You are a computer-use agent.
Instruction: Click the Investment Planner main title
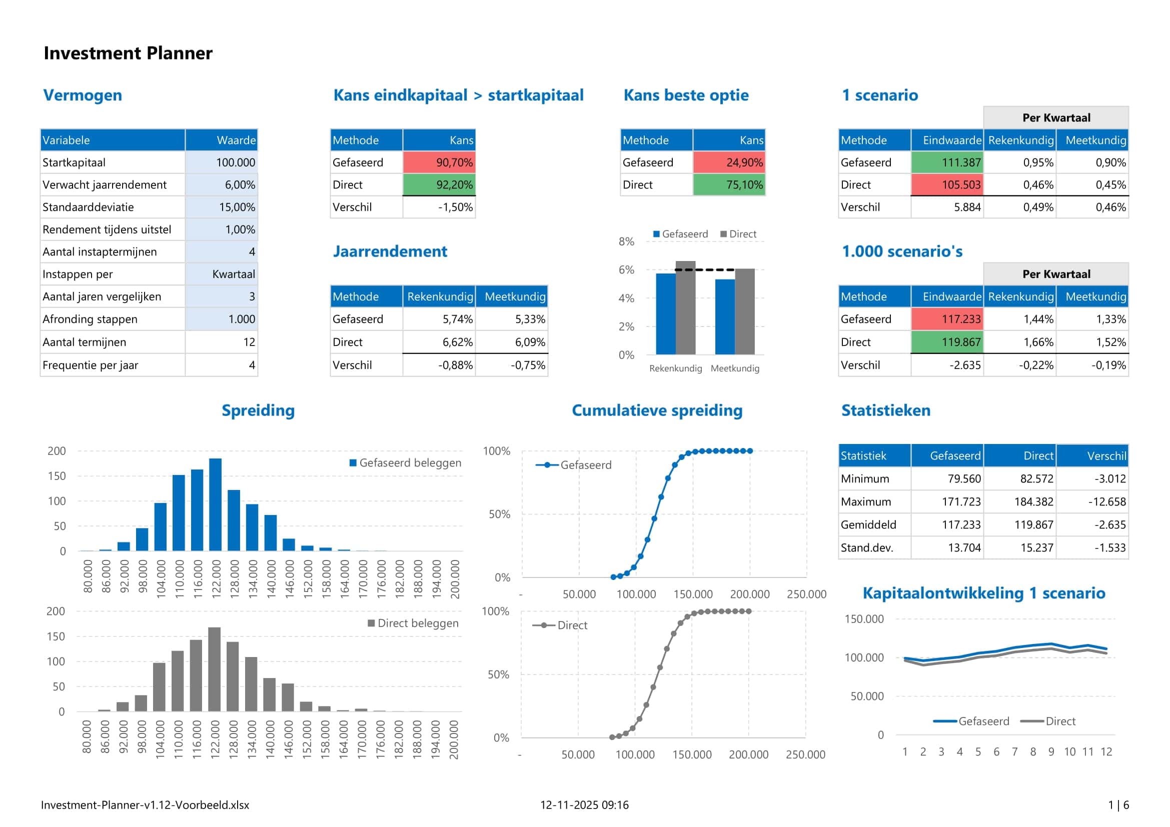[128, 53]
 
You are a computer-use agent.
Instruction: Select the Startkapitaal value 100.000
[235, 162]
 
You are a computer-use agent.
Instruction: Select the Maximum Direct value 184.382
[1033, 501]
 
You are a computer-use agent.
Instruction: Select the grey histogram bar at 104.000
[159, 686]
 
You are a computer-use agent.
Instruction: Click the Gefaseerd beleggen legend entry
[410, 463]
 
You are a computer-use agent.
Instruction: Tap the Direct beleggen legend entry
[417, 623]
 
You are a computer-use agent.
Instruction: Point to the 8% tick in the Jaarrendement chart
[626, 241]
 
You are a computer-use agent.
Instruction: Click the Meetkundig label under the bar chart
[735, 368]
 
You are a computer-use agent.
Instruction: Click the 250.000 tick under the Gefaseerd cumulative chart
[806, 594]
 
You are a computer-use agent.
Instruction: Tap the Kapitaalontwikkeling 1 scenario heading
[983, 593]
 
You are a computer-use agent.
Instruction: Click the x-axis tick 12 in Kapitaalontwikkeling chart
[1106, 751]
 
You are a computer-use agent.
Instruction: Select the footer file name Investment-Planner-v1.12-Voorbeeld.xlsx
[145, 805]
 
